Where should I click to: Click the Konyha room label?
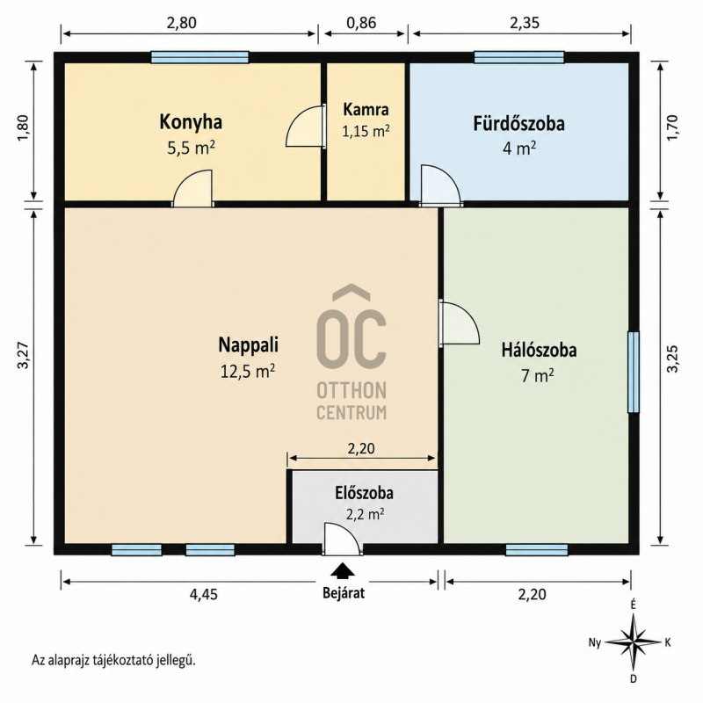click(191, 122)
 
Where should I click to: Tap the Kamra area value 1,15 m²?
click(366, 131)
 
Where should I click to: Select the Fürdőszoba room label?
click(518, 123)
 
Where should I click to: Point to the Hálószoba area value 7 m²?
click(537, 376)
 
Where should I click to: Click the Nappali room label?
click(249, 344)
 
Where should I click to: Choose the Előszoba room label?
click(365, 493)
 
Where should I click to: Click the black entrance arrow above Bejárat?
click(343, 569)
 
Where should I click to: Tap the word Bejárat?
click(344, 593)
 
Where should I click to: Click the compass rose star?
click(633, 642)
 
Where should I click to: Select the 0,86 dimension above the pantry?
click(361, 23)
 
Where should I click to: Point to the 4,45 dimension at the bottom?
click(204, 594)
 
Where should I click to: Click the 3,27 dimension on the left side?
click(23, 355)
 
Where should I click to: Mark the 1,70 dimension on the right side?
click(673, 127)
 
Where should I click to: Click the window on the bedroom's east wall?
click(633, 372)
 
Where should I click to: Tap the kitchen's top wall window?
click(199, 57)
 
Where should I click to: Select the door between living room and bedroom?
click(458, 323)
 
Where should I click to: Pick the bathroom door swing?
click(440, 185)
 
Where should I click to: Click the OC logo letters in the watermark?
click(351, 326)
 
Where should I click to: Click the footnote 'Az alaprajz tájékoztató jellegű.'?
click(113, 660)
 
